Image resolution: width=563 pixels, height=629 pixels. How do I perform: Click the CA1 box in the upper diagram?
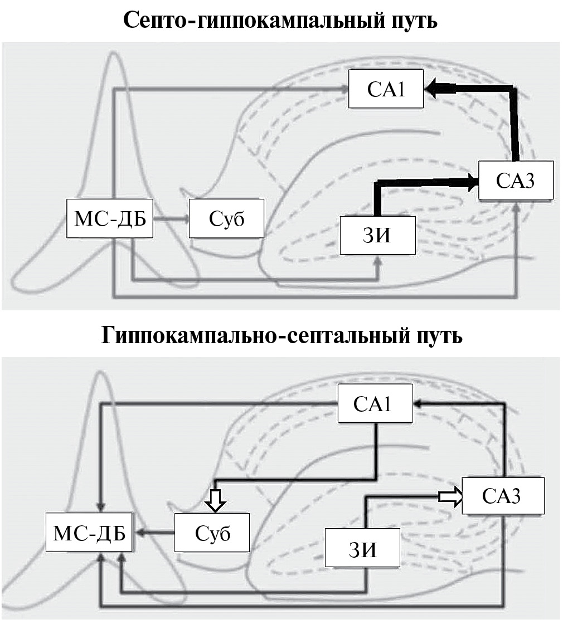click(x=386, y=89)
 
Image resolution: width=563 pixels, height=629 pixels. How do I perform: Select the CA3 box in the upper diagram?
click(x=516, y=181)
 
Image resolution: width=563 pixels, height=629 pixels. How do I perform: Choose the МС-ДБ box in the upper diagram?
click(x=110, y=218)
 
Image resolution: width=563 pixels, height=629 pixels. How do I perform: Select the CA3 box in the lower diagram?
click(x=502, y=496)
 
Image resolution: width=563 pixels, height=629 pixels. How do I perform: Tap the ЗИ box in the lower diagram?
click(x=363, y=549)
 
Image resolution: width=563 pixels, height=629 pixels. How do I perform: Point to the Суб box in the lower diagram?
click(x=212, y=533)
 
